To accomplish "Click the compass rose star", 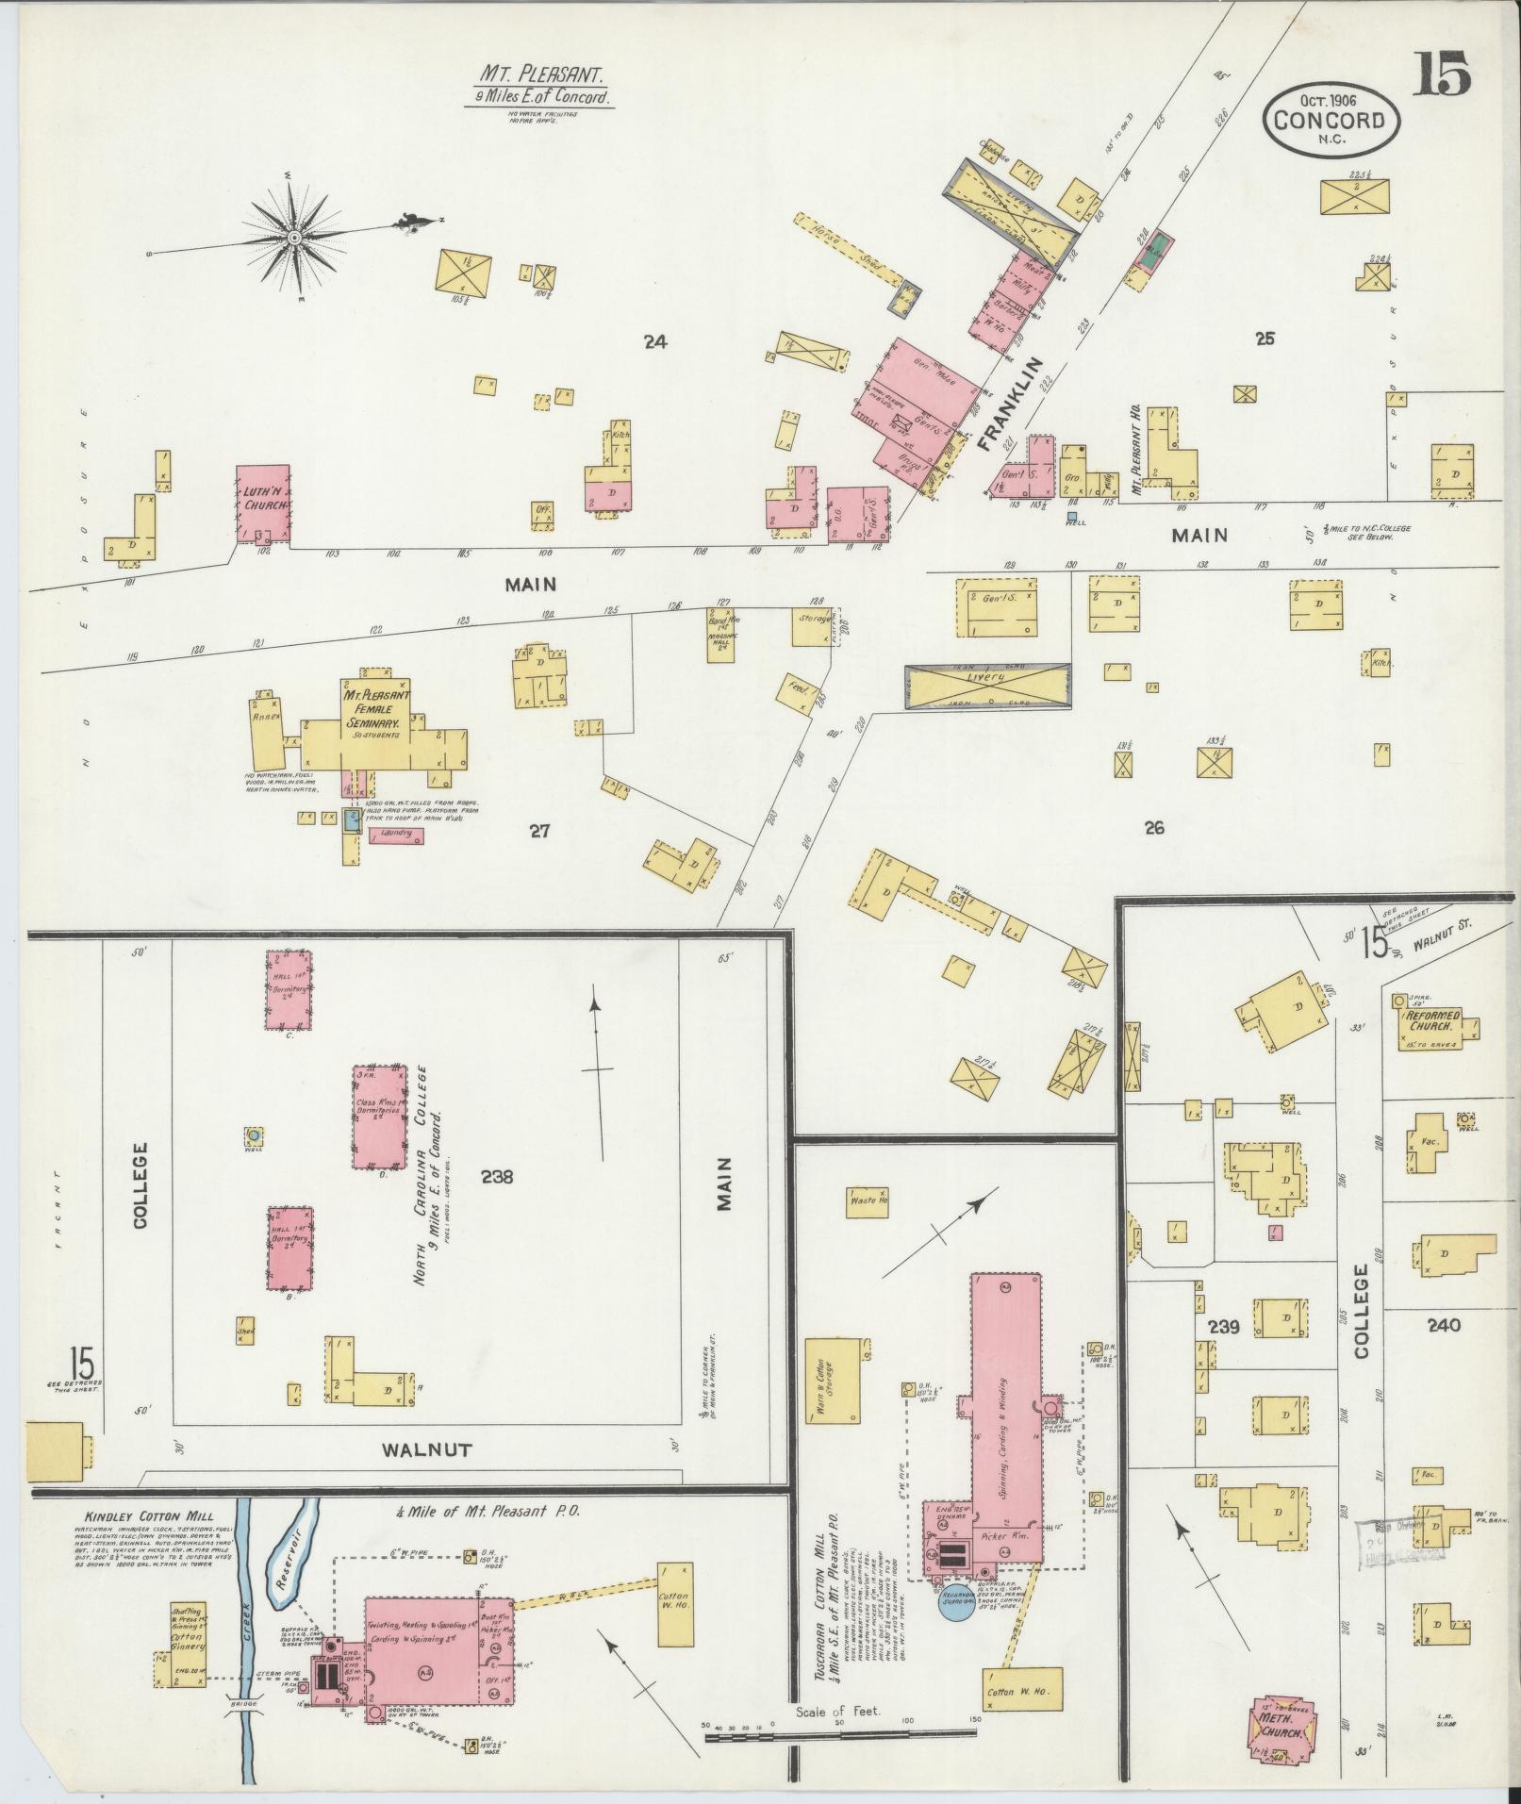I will point(294,237).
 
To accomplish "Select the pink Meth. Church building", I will point(1281,1728).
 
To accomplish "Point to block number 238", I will point(496,1177).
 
